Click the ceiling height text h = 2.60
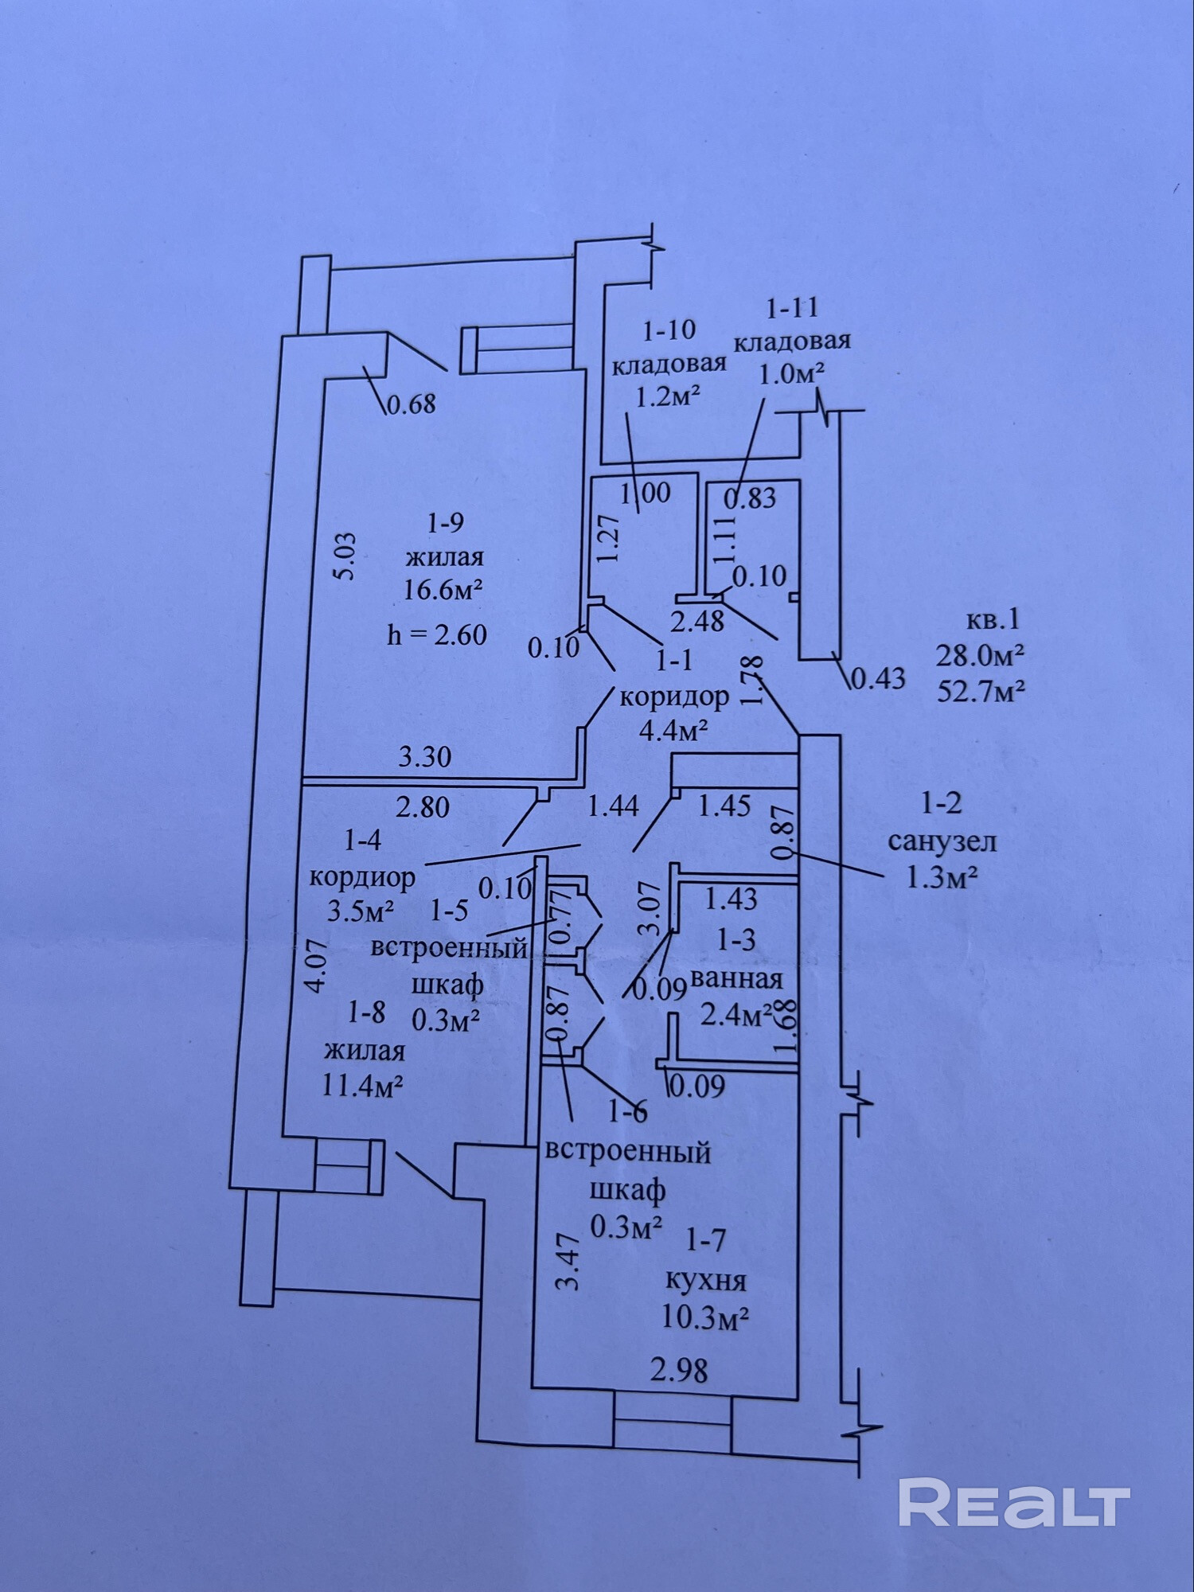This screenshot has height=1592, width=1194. pos(437,634)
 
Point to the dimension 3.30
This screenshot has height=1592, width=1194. pos(424,755)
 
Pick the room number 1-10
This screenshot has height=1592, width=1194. pos(665,329)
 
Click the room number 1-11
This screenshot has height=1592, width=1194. pos(791,306)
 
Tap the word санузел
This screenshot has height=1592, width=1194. pos(942,841)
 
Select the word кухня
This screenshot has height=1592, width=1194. pos(705,1281)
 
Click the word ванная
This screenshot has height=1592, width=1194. pos(737,977)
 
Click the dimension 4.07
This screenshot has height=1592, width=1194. pos(316,966)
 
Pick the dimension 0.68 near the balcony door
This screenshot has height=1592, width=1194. pos(411,404)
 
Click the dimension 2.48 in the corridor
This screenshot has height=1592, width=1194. pos(697,620)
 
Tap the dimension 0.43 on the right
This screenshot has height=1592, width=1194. pos(879,678)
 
